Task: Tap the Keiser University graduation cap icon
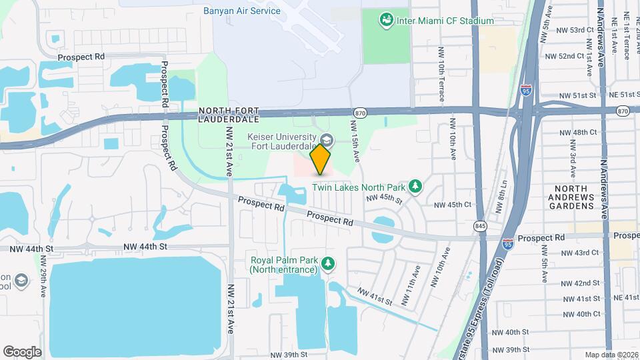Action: click(x=327, y=140)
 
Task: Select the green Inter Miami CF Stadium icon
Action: click(x=385, y=21)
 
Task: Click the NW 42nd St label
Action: click(x=579, y=283)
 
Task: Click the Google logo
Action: click(x=23, y=351)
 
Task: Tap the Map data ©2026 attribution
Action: click(x=611, y=355)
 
